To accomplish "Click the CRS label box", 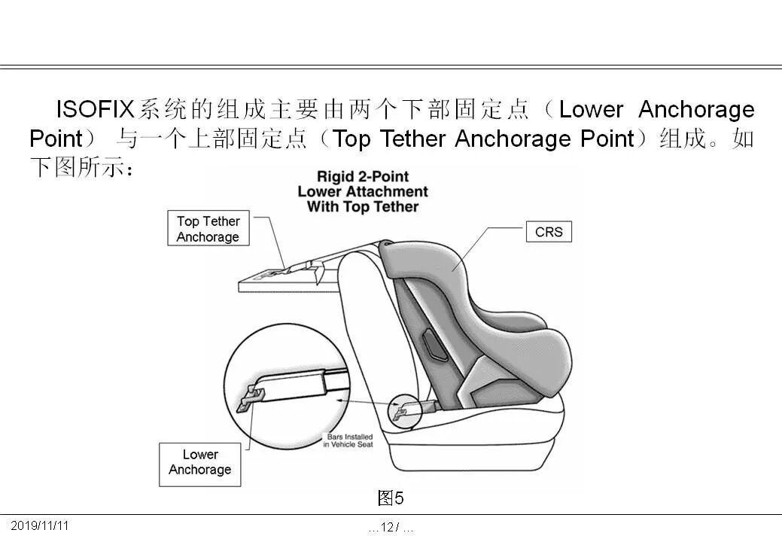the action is [x=549, y=232].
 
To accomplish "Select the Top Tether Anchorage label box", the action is [x=208, y=229].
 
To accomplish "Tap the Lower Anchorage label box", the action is [x=199, y=462].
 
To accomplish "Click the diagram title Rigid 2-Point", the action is [x=363, y=177].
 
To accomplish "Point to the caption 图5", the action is [x=391, y=498].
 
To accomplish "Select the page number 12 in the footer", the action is [x=388, y=528].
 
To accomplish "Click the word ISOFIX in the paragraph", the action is [x=94, y=110].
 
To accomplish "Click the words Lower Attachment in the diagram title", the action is [x=363, y=192].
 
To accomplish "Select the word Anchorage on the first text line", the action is [x=695, y=110].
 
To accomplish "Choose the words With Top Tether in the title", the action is [x=363, y=206].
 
